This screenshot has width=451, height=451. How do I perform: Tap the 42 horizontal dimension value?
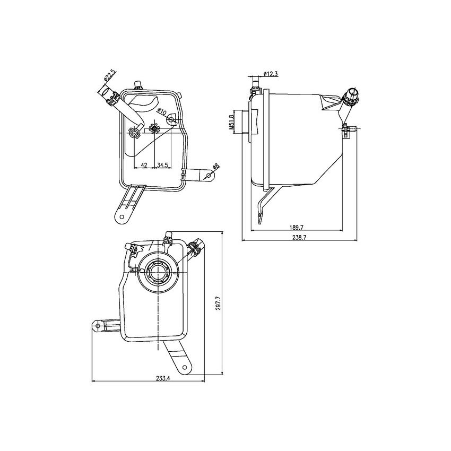[x=143, y=166]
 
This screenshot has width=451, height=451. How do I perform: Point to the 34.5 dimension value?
[x=163, y=166]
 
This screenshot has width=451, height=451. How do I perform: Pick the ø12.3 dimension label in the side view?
[x=270, y=74]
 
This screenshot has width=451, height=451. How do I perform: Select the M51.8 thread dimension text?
[x=232, y=122]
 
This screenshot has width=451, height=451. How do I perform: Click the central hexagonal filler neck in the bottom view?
[x=158, y=272]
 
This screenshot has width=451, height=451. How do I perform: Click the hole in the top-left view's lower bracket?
[x=122, y=217]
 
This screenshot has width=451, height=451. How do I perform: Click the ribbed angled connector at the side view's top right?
[x=351, y=97]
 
